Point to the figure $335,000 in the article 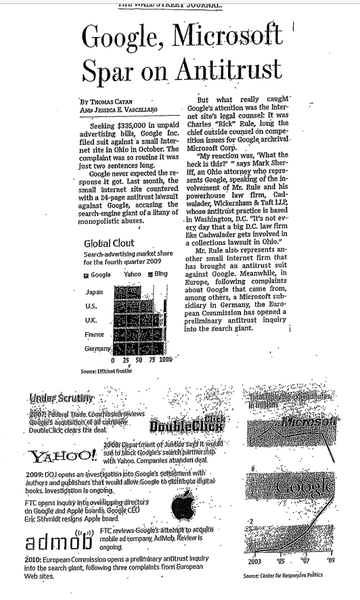click(129, 126)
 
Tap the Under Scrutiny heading click(58, 397)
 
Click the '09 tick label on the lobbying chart click(330, 561)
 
